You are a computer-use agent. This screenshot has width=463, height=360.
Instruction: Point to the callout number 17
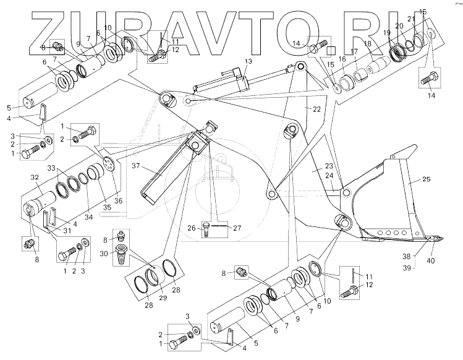354,51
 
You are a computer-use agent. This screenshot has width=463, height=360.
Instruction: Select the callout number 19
387,32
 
